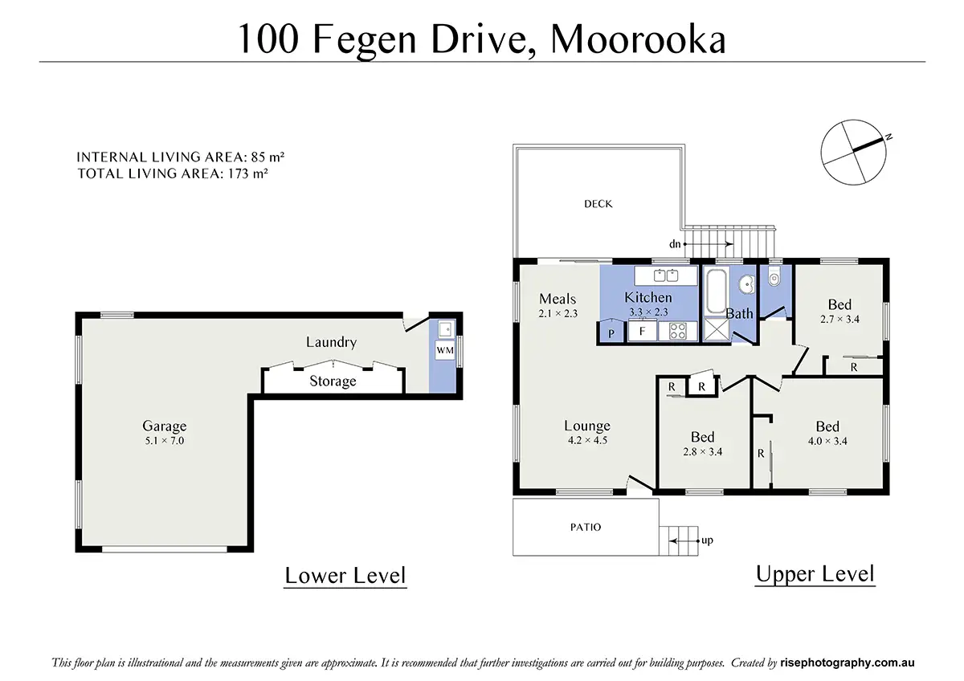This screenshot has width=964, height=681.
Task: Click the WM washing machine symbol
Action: pos(445,350)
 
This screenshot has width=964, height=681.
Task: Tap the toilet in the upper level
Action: pos(774,278)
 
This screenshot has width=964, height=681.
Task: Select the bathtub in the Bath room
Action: pos(716,291)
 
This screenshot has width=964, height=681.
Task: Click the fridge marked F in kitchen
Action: pos(642,331)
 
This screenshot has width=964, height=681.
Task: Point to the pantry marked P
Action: pos(611,332)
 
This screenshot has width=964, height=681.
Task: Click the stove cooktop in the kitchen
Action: pos(678,332)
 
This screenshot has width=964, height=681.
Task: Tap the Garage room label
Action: pos(165,426)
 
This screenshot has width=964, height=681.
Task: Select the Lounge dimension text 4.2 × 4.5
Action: pos(587,440)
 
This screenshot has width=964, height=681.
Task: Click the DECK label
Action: pos(598,204)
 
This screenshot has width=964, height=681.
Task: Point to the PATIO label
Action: pos(586,527)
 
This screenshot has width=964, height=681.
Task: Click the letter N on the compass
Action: pos(888,137)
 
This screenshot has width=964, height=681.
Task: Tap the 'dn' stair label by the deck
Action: pos(674,244)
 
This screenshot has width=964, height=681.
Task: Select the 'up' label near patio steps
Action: pos(707,540)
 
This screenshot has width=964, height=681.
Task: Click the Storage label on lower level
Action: pos(333,381)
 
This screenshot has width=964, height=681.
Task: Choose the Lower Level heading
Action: pos(345,575)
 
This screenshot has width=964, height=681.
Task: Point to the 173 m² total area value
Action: pos(248,173)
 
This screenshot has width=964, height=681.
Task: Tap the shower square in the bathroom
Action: pos(717,329)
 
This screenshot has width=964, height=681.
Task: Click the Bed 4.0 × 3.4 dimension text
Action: pos(827,441)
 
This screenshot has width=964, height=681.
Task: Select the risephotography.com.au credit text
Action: pos(847,663)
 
